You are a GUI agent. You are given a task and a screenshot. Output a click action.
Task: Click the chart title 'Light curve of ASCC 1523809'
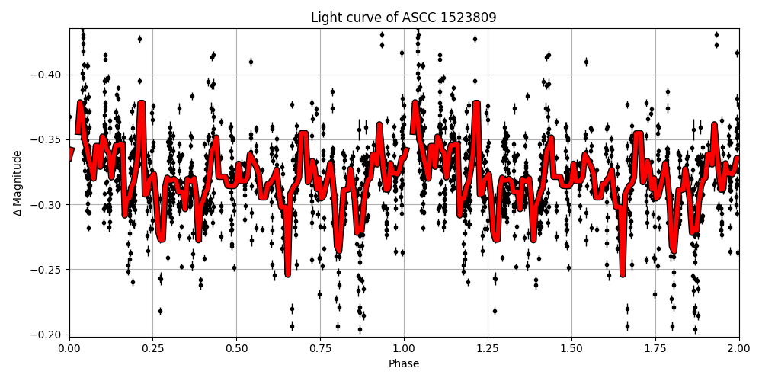point(403,18)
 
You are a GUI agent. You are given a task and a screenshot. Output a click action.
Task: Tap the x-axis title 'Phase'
point(403,364)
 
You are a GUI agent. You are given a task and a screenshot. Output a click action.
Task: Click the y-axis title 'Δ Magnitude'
point(18,183)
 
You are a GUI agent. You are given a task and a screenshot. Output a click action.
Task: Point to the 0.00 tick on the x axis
point(69,349)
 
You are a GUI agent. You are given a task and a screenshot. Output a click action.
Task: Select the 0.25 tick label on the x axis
point(152,349)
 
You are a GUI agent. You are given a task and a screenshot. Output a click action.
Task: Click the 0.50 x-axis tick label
point(236,349)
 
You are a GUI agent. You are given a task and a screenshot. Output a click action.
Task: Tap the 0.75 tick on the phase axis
point(320,349)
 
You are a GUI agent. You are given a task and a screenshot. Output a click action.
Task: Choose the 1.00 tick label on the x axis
point(404,349)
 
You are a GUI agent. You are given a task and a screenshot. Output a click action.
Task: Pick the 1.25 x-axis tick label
point(488,349)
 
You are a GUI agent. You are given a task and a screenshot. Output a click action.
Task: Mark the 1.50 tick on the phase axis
point(571,349)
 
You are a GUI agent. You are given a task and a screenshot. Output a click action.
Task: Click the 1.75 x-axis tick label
point(655,349)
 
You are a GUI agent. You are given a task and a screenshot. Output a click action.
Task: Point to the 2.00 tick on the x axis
point(738,349)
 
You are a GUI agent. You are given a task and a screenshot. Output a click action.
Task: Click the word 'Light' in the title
point(326,18)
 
